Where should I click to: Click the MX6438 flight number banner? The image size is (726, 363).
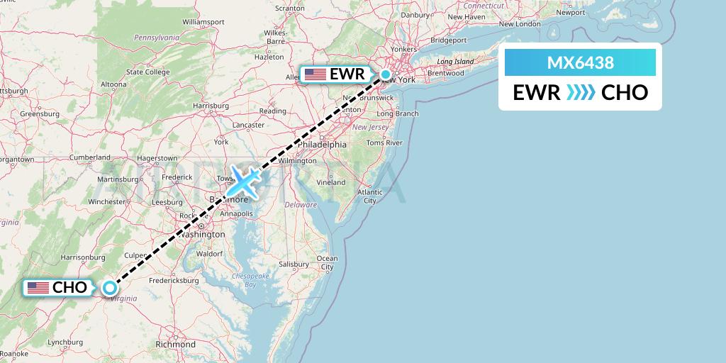coord(580,63)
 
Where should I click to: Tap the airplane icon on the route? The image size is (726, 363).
coord(243,180)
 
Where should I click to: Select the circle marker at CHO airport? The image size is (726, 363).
coord(109,287)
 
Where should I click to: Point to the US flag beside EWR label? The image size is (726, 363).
coord(315,74)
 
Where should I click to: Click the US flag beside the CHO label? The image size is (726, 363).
coord(38,287)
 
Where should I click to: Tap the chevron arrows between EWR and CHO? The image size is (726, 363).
coord(581,92)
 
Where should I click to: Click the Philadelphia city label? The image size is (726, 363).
coord(323,144)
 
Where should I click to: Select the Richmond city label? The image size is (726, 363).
coord(175,345)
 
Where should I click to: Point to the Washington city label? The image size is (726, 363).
coord(202,234)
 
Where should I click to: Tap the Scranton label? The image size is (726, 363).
coord(289,9)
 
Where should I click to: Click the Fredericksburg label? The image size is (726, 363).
coord(174,280)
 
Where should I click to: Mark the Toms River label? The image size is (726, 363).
coord(384,143)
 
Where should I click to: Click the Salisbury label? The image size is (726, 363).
coord(294,264)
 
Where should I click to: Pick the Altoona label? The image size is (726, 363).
coord(113,84)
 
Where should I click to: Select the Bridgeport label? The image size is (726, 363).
coord(447,40)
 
